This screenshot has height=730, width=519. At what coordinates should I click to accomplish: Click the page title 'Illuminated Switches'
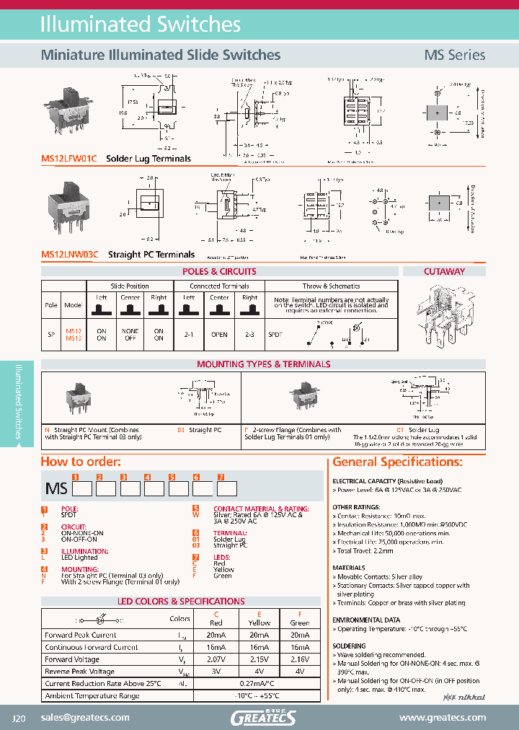[x=140, y=24]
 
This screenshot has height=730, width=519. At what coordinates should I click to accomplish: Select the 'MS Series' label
[x=454, y=55]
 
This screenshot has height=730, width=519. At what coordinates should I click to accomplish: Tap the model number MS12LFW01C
[x=71, y=158]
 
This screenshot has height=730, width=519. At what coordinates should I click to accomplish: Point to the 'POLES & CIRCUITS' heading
[x=219, y=272]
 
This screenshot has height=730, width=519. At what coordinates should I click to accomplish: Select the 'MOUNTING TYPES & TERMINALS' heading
[x=263, y=364]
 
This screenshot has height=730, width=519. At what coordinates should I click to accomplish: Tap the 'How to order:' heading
[x=81, y=462]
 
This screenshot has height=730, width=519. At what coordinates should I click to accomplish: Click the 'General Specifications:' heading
[x=397, y=462]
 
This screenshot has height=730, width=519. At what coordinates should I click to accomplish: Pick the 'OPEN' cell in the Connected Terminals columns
[x=219, y=335]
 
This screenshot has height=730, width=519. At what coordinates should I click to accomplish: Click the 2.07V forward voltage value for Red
[x=216, y=659]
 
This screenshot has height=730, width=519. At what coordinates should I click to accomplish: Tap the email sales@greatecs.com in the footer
[x=85, y=717]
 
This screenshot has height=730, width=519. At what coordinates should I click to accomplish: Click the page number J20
[x=19, y=718]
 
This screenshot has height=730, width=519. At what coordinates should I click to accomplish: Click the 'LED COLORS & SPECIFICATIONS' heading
[x=181, y=601]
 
